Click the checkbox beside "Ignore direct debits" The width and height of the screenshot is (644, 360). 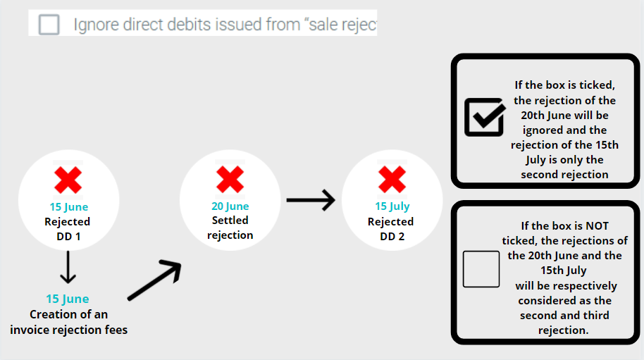tap(49, 25)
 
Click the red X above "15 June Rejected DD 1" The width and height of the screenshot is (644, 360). tap(68, 180)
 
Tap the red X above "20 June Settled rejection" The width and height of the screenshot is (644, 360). tap(230, 180)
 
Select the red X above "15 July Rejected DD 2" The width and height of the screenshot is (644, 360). tap(392, 180)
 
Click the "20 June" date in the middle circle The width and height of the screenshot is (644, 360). tap(230, 206)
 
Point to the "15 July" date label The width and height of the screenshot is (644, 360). tap(392, 206)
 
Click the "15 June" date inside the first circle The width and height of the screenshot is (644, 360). tap(68, 207)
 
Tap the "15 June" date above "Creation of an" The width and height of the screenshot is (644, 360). tap(68, 299)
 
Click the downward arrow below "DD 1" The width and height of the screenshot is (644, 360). tap(68, 266)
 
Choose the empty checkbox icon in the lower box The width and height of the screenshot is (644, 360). tap(481, 269)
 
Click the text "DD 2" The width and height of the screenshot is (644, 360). tap(392, 237)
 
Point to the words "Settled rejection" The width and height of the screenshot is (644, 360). tap(230, 228)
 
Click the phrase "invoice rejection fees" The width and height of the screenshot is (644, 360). tap(69, 329)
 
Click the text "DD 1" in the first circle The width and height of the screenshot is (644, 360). tap(68, 237)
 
